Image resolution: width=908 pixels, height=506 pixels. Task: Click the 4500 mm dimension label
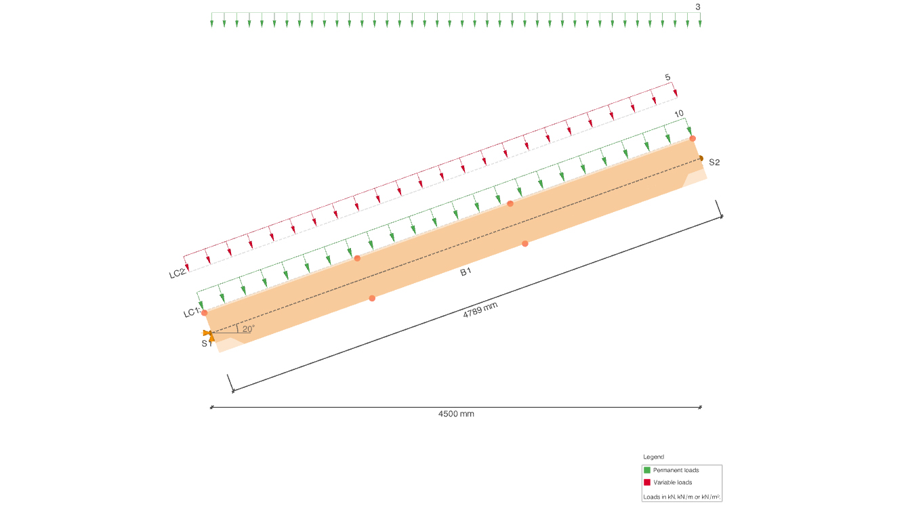(x=456, y=414)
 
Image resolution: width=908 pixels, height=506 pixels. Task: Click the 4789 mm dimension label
(x=480, y=310)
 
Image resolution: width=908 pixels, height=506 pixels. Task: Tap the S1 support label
(x=207, y=343)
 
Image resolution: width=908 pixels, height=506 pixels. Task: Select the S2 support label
(x=714, y=163)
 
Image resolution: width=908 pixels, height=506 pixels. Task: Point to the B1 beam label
(x=466, y=272)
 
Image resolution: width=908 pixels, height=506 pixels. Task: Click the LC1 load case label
(x=192, y=312)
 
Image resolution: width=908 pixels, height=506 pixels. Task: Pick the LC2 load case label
(x=178, y=274)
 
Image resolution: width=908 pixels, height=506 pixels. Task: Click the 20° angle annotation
(x=248, y=329)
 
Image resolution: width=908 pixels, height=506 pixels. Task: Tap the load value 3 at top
(x=698, y=7)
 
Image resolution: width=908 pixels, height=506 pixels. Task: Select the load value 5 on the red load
(x=667, y=77)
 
